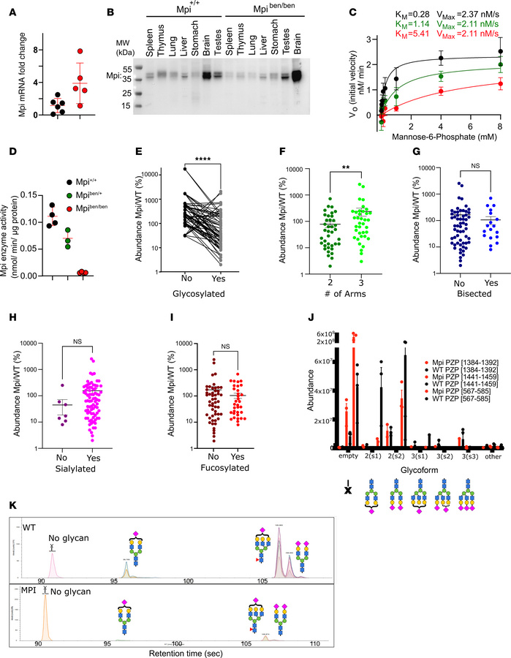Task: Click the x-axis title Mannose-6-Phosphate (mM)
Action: coord(432,154)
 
